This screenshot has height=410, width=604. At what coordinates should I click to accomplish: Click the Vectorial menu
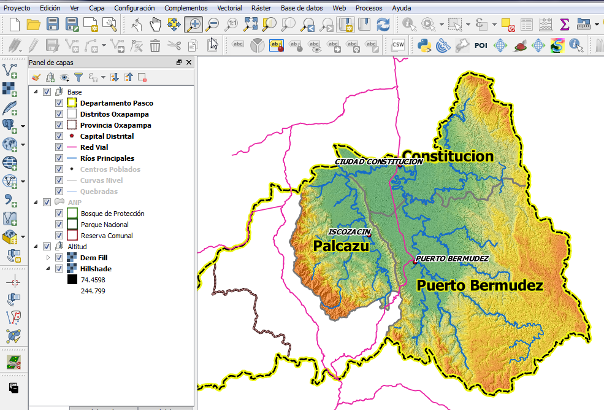(229, 8)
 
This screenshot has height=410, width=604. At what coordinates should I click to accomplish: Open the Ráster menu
(261, 8)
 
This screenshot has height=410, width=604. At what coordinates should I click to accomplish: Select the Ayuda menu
(401, 8)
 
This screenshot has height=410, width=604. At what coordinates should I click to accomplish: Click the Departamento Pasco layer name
(117, 103)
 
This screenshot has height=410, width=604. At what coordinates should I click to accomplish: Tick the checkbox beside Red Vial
(59, 147)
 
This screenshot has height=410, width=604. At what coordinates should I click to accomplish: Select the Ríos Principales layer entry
(107, 158)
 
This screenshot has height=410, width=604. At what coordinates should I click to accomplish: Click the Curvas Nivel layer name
(101, 180)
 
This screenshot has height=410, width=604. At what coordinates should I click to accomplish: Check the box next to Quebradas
(59, 191)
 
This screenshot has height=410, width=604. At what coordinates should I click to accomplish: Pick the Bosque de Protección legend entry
(112, 214)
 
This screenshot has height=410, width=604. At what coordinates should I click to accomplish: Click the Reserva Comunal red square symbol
(72, 236)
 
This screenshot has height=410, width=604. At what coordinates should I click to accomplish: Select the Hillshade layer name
(96, 269)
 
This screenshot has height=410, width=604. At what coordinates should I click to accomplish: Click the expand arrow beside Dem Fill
(48, 258)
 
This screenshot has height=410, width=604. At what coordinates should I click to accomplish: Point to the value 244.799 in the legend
(93, 291)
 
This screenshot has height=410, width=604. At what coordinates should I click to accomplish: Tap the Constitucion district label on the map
(448, 157)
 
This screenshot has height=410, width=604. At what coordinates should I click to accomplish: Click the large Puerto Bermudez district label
(480, 285)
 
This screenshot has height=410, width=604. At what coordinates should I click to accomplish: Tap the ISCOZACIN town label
(350, 232)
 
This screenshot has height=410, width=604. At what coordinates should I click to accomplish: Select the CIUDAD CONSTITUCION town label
(378, 161)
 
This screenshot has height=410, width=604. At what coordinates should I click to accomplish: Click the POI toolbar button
(481, 45)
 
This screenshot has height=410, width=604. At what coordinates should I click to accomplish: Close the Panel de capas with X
(189, 63)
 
